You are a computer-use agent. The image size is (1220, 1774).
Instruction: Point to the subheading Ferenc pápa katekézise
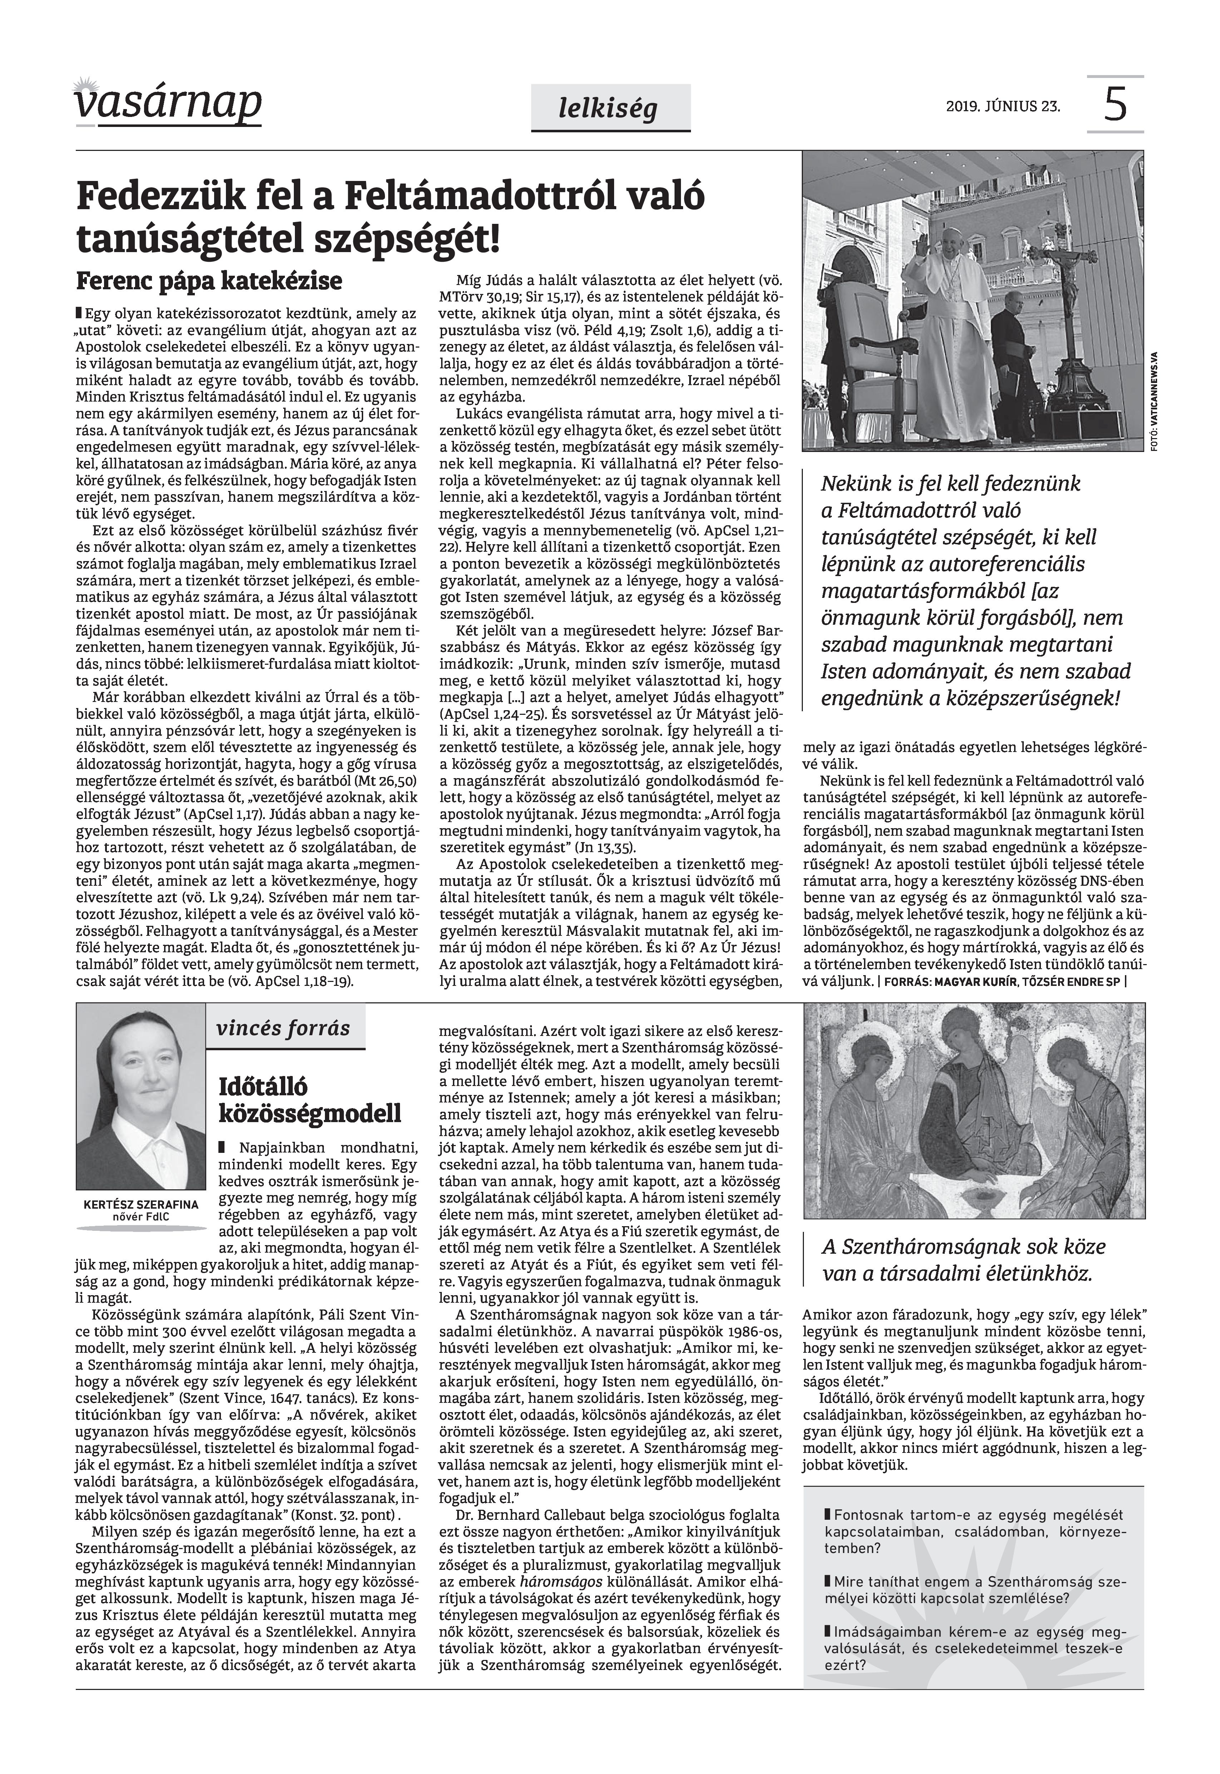[209, 281]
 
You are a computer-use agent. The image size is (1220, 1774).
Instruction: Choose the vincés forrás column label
[283, 1028]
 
